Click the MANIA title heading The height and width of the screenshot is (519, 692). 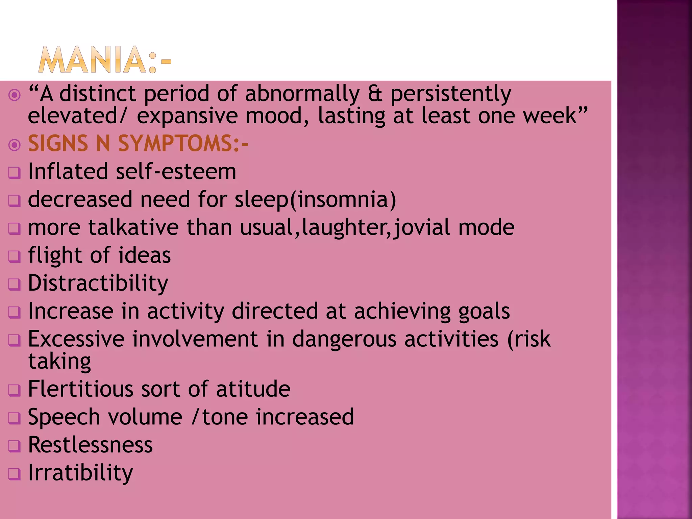tap(105, 60)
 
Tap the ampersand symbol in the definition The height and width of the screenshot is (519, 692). tap(375, 94)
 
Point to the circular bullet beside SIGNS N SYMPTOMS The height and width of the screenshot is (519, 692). tap(15, 145)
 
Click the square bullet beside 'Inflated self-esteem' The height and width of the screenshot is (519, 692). tap(15, 173)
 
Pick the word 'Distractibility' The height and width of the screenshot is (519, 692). tap(98, 283)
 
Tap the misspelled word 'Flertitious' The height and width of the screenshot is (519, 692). tap(81, 389)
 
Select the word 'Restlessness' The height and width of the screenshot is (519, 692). tap(90, 445)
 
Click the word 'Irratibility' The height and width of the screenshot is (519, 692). tap(80, 473)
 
